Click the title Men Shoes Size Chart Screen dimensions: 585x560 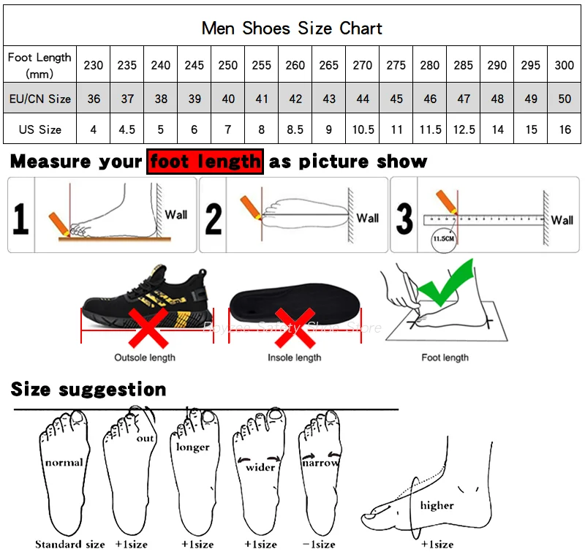[x=292, y=29]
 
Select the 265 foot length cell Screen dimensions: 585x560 [x=329, y=65]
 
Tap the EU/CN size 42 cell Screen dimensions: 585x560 [x=295, y=98]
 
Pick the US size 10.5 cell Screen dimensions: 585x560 [x=363, y=129]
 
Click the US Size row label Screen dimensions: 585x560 [x=39, y=129]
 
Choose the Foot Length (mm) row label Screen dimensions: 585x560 [x=39, y=65]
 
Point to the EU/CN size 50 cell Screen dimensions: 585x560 [x=565, y=98]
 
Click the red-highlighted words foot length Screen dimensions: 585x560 [x=205, y=162]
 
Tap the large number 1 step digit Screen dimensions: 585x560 [x=21, y=217]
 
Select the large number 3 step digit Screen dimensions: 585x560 [x=404, y=217]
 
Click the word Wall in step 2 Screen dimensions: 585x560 [x=368, y=218]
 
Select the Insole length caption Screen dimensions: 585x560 [x=295, y=357]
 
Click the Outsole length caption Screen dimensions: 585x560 [x=145, y=357]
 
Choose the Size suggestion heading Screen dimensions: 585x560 [x=88, y=390]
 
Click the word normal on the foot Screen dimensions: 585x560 [x=64, y=462]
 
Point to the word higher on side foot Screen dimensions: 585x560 [x=437, y=505]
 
